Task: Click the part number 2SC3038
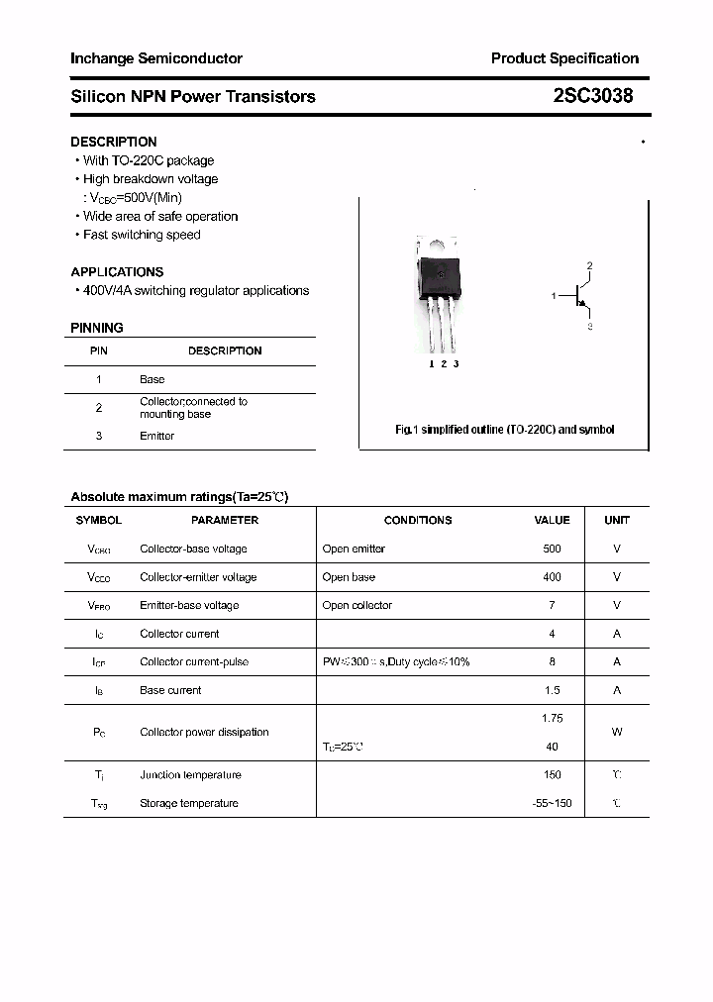click(593, 96)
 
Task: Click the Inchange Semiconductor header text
click(156, 58)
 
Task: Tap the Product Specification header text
click(564, 58)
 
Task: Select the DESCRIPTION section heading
click(113, 142)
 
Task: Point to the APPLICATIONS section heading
click(117, 271)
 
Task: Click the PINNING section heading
click(97, 328)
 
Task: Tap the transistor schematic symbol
click(579, 295)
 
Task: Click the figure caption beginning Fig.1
click(504, 430)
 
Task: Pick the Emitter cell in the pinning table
click(156, 436)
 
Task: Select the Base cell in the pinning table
click(152, 379)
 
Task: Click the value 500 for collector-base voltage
click(552, 549)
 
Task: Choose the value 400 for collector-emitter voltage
click(552, 577)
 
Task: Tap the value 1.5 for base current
click(552, 690)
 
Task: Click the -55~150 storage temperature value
click(552, 803)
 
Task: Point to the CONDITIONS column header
click(418, 520)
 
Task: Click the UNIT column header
click(617, 520)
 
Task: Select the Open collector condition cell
click(356, 605)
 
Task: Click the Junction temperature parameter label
click(190, 775)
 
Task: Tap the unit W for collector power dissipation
click(617, 733)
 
